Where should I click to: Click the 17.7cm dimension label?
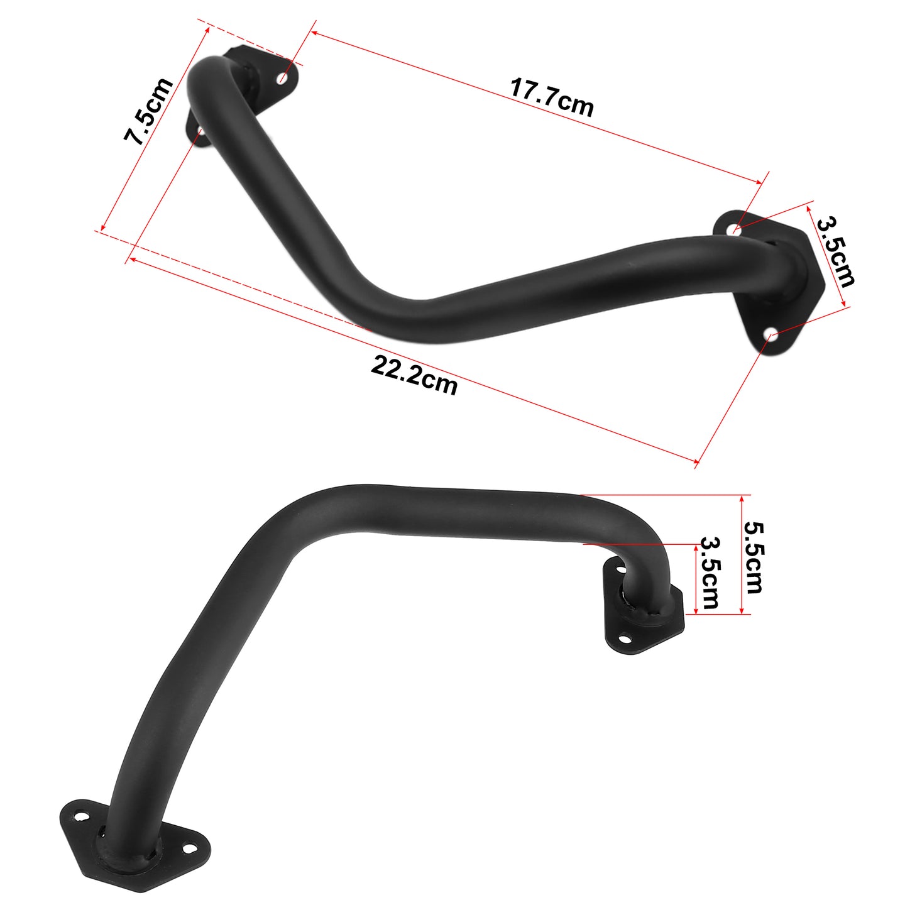[551, 97]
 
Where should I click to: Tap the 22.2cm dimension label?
[414, 375]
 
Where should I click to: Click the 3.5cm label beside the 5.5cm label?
[709, 573]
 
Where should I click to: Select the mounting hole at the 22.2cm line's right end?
[769, 336]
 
